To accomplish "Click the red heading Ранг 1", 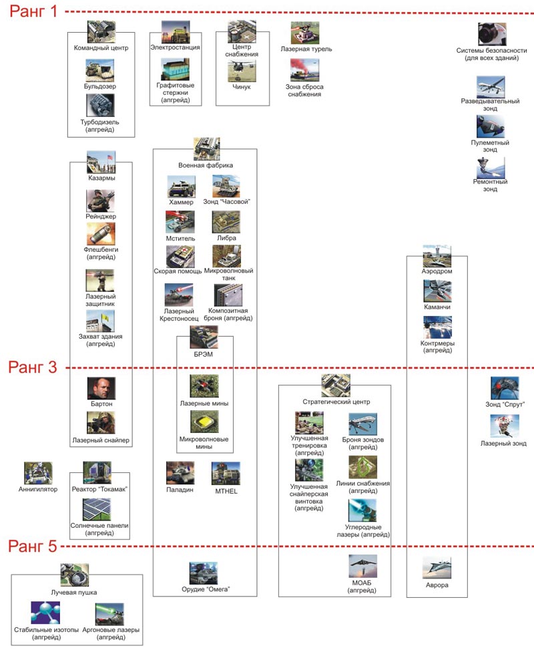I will click(x=35, y=13).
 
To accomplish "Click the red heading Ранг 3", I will click(x=35, y=367).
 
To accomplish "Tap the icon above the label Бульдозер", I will click(x=100, y=70).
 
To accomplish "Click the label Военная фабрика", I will click(x=206, y=165).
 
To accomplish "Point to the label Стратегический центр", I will click(x=336, y=402).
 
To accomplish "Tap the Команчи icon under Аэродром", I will click(x=437, y=291).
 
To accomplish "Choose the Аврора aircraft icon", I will click(x=437, y=568).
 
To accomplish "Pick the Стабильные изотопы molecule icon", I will click(x=45, y=613).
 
